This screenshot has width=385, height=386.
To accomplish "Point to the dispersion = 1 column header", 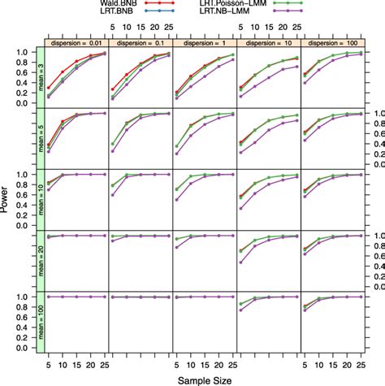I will (x=204, y=42).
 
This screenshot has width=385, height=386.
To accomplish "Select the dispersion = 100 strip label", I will (x=331, y=42).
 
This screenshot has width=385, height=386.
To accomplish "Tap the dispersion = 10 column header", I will (x=268, y=42).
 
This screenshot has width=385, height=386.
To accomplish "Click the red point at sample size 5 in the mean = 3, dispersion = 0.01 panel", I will (x=50, y=88).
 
